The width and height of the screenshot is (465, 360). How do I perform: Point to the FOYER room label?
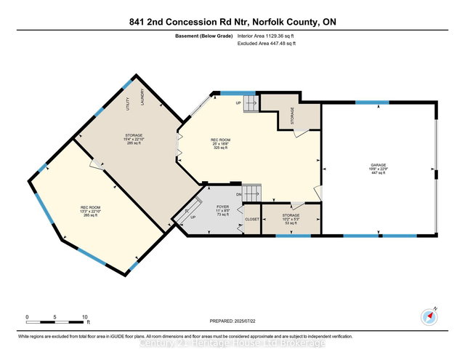pos(222,207)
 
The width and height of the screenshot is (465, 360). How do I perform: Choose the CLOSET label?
pos(252,218)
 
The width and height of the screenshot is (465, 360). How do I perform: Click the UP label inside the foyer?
pos(193,217)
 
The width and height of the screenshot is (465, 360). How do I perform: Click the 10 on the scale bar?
pos(85,317)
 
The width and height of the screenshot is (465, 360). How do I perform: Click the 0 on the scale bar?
pos(27,317)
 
